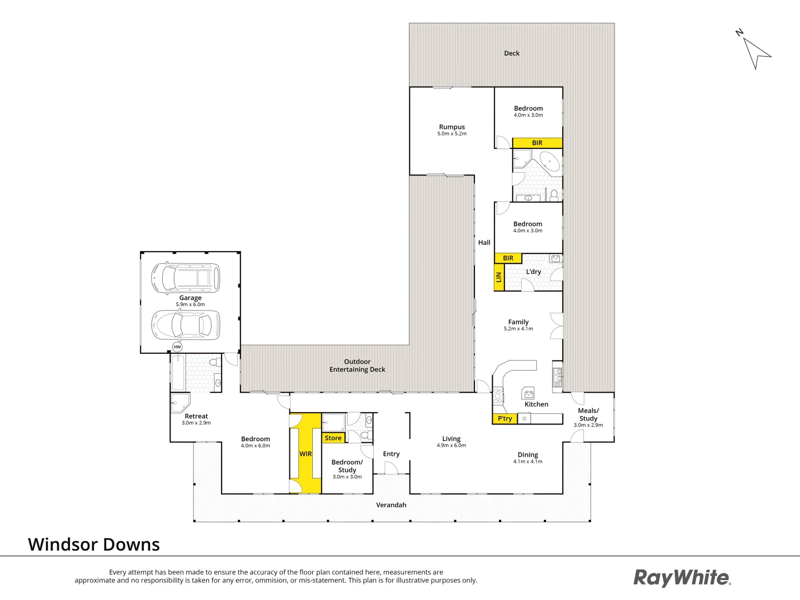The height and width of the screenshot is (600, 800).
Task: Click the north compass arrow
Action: click(x=756, y=52)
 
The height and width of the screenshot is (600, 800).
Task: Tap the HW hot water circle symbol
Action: click(x=177, y=347)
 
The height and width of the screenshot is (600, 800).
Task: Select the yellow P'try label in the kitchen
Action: click(x=504, y=418)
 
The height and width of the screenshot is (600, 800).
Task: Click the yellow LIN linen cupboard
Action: click(x=499, y=277)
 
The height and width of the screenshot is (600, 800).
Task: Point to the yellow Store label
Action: click(x=333, y=438)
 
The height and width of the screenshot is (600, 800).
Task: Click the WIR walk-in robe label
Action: click(x=306, y=454)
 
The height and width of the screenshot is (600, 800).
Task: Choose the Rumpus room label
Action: click(x=452, y=127)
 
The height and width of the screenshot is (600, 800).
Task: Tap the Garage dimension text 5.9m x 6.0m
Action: click(x=191, y=304)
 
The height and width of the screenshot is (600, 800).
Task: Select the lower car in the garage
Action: click(x=186, y=325)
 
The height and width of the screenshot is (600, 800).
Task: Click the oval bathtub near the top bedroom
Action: click(x=551, y=162)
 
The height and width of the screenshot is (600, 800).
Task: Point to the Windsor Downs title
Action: click(x=94, y=544)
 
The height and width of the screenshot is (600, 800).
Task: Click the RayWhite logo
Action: click(x=682, y=578)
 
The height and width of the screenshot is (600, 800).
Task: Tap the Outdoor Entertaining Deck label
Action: click(x=357, y=366)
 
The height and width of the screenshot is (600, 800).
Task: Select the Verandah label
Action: click(x=391, y=505)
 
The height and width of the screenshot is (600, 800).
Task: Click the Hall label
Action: click(x=484, y=242)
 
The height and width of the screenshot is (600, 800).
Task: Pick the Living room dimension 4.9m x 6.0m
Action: click(x=451, y=446)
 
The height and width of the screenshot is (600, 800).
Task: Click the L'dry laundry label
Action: click(x=533, y=272)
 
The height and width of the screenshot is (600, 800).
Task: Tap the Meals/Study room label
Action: click(x=588, y=414)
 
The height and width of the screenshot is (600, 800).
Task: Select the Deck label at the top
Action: click(x=512, y=53)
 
